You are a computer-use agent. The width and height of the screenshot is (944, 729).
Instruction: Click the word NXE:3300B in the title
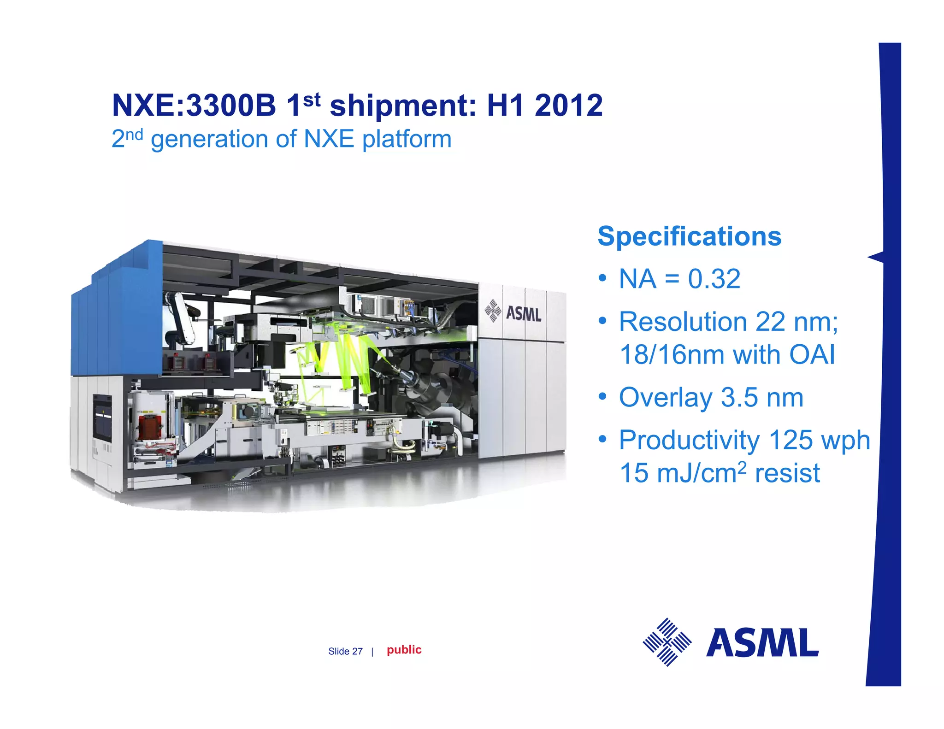coord(194,106)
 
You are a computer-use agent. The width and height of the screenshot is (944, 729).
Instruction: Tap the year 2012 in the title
coord(568,106)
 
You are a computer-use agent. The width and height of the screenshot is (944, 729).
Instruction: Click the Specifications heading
coord(689,236)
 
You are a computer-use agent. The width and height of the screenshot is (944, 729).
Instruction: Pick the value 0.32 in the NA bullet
coord(714,279)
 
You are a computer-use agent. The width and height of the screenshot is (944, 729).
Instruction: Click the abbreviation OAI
coord(812,355)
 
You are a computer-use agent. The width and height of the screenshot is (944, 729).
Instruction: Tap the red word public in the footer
coord(404,650)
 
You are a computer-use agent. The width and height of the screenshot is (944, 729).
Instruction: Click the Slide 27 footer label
coord(345,651)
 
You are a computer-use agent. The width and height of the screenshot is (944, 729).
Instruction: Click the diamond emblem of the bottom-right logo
coord(667,642)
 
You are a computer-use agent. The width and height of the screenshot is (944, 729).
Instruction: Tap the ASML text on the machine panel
coord(523,314)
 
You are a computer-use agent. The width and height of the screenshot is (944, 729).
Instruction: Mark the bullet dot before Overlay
coord(602,397)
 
